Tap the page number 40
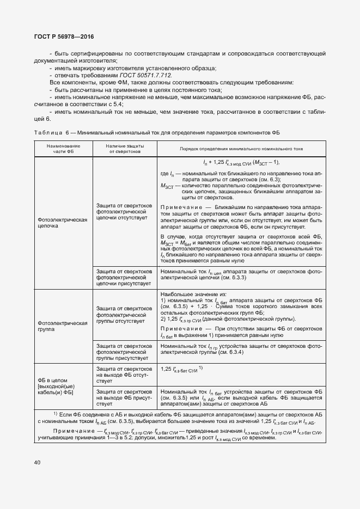[37, 463]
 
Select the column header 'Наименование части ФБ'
[63, 149]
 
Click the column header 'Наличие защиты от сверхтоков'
[125, 149]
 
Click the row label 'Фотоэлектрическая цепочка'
[63, 223]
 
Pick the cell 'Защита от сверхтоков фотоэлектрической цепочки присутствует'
[124, 277]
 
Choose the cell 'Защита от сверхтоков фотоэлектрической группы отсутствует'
[124, 315]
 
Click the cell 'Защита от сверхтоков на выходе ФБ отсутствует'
[124, 375]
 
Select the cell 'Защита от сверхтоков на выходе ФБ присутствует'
[124, 398]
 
